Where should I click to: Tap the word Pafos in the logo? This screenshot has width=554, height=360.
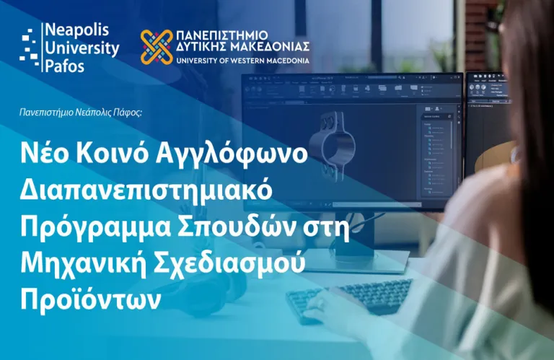click(x=64, y=66)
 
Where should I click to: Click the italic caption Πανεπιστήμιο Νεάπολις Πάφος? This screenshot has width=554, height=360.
click(x=81, y=112)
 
